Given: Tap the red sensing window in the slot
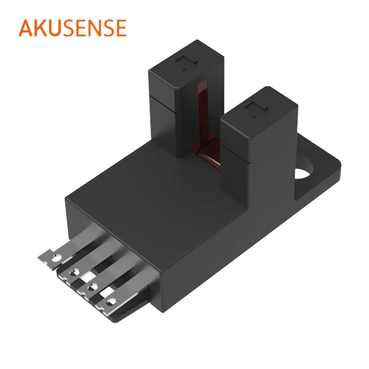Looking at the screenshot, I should [x=202, y=115].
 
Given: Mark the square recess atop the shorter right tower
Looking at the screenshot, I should [x=253, y=110].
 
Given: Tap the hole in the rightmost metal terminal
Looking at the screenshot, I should [x=111, y=303].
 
